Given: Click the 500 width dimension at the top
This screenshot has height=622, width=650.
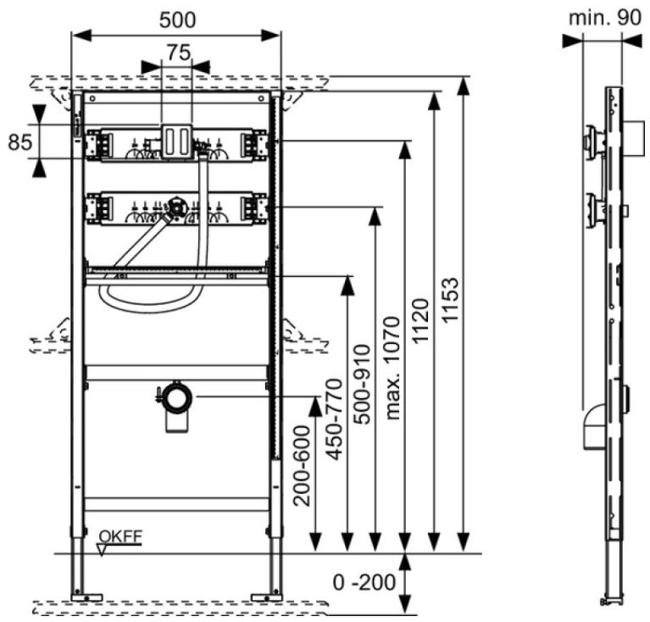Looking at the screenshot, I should click(176, 19).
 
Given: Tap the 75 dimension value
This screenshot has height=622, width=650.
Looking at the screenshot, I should click(176, 52).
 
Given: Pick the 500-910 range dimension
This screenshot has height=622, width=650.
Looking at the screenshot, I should click(362, 384).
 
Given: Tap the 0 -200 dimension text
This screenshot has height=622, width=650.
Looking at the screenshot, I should click(364, 583).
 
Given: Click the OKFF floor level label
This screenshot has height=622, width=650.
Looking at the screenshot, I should click(120, 536).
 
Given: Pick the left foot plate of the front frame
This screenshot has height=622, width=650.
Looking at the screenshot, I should click(86, 597).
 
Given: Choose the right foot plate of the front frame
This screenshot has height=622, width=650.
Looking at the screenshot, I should click(270, 597).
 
